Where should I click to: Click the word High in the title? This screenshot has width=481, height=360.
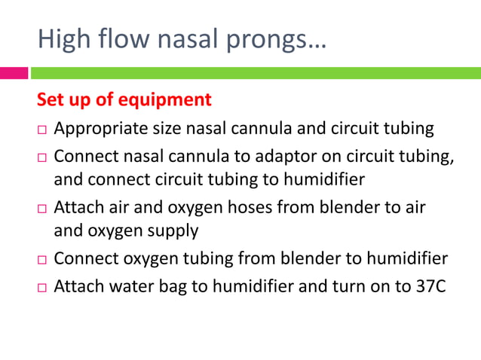[65, 38]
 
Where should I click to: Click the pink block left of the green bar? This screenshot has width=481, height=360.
[14, 73]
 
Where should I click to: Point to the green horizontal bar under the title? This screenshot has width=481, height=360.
[256, 73]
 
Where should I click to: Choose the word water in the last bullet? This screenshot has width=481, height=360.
[130, 288]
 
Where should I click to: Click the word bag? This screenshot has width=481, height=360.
[172, 288]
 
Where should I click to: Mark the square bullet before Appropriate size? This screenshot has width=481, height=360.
[41, 130]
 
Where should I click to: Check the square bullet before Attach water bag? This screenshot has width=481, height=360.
[41, 288]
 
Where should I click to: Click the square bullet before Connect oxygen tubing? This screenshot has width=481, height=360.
[41, 260]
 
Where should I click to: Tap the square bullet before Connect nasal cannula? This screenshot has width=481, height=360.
[41, 158]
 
